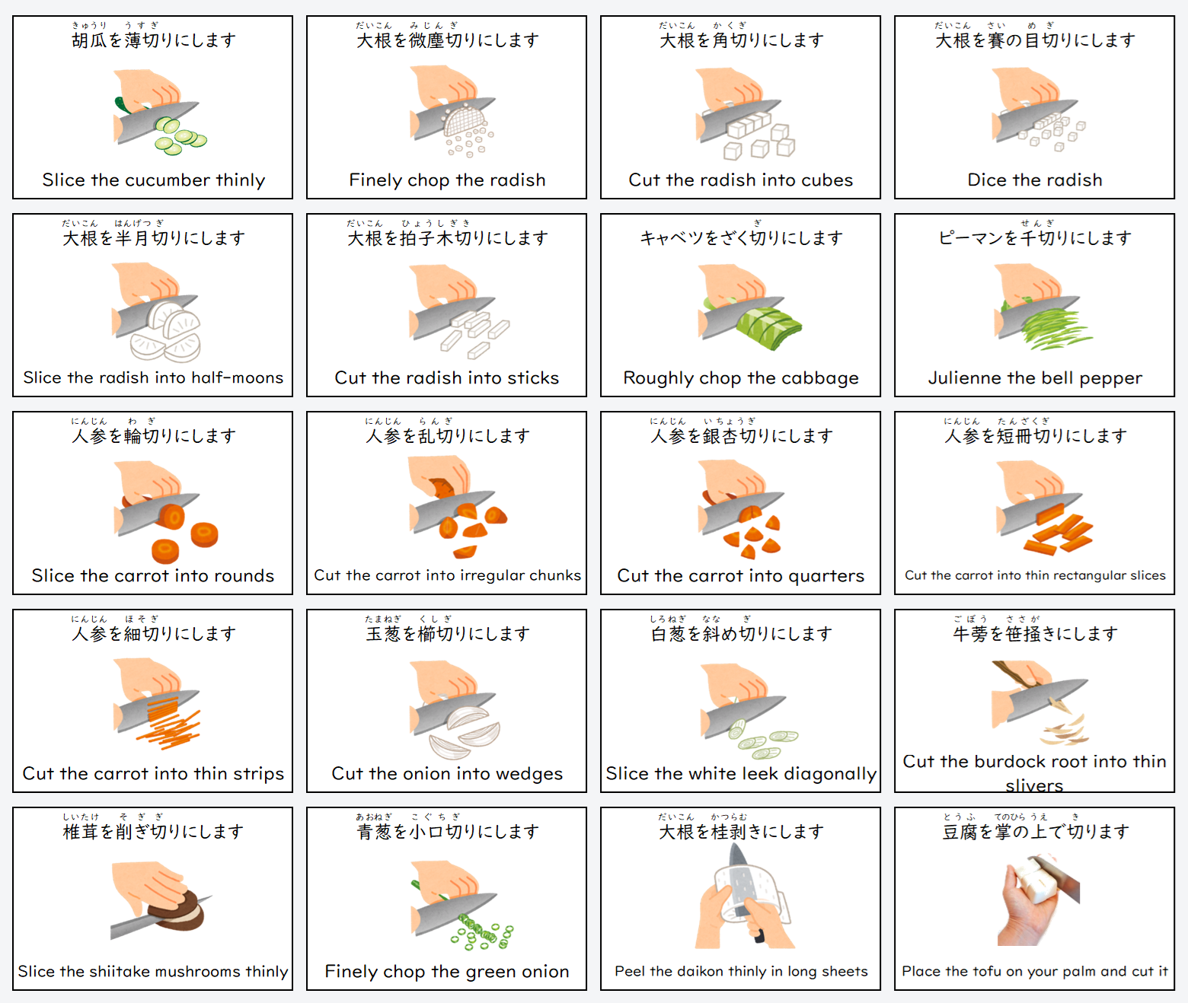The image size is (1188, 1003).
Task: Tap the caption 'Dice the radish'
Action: pos(1035,180)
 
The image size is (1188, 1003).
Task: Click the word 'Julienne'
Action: pos(962,378)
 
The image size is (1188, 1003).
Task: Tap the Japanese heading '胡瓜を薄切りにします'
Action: pos(154,40)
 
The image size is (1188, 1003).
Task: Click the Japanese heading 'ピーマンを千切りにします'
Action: pos(1035,237)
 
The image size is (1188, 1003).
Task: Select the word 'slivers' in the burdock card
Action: pos(1034,786)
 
